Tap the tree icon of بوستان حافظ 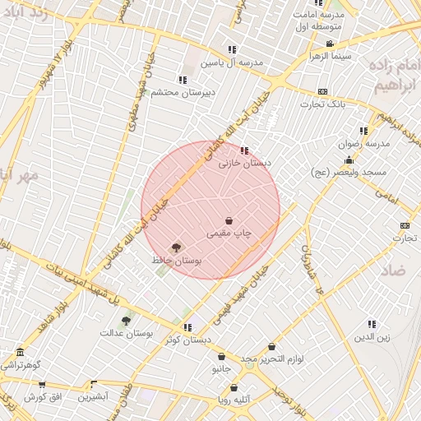[175, 247]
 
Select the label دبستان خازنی [244, 164]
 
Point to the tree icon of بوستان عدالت [126, 321]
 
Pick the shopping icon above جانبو [221, 357]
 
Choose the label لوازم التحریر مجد [272, 360]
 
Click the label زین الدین [372, 337]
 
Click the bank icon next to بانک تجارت [322, 91]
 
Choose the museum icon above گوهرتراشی [20, 352]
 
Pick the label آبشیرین [93, 396]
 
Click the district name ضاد [394, 270]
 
